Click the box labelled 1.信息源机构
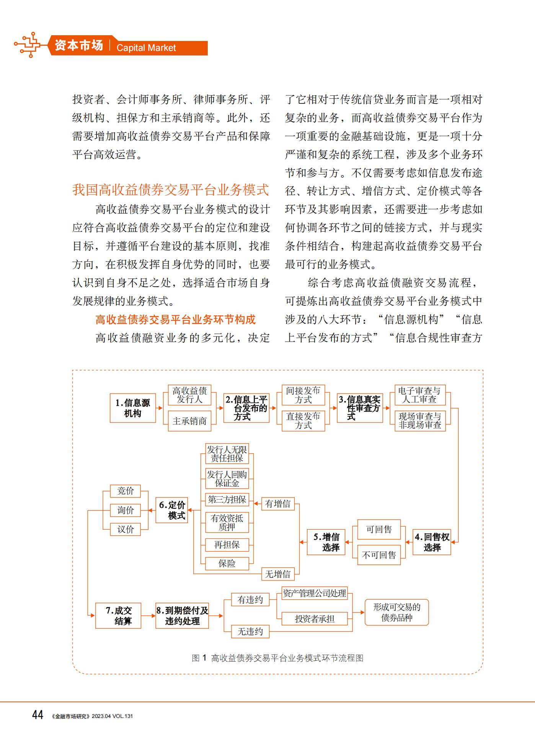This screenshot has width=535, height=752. point(133,408)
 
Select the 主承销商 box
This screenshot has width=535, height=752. point(189,421)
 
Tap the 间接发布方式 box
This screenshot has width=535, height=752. point(303,395)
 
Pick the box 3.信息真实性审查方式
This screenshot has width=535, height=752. point(360,408)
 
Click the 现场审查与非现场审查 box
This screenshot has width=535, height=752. point(420,421)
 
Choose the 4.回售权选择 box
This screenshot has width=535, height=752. point(432,542)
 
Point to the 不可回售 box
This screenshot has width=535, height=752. point(379,555)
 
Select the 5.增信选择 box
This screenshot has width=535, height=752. point(326,542)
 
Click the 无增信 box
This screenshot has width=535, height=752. point(278,574)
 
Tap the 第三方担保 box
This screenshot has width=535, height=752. point(227,499)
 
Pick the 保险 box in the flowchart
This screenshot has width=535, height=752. point(227,563)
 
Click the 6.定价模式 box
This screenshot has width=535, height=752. point(172,510)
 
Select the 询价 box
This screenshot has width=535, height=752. point(126,510)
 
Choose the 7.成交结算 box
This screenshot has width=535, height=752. point(118,616)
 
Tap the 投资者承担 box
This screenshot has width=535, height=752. point(315,619)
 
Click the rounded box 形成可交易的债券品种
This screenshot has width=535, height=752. point(397,612)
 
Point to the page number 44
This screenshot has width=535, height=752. point(38,714)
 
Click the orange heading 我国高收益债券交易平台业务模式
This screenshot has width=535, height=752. point(171,190)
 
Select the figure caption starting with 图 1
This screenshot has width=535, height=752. point(277,658)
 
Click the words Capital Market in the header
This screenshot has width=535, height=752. point(146,48)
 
